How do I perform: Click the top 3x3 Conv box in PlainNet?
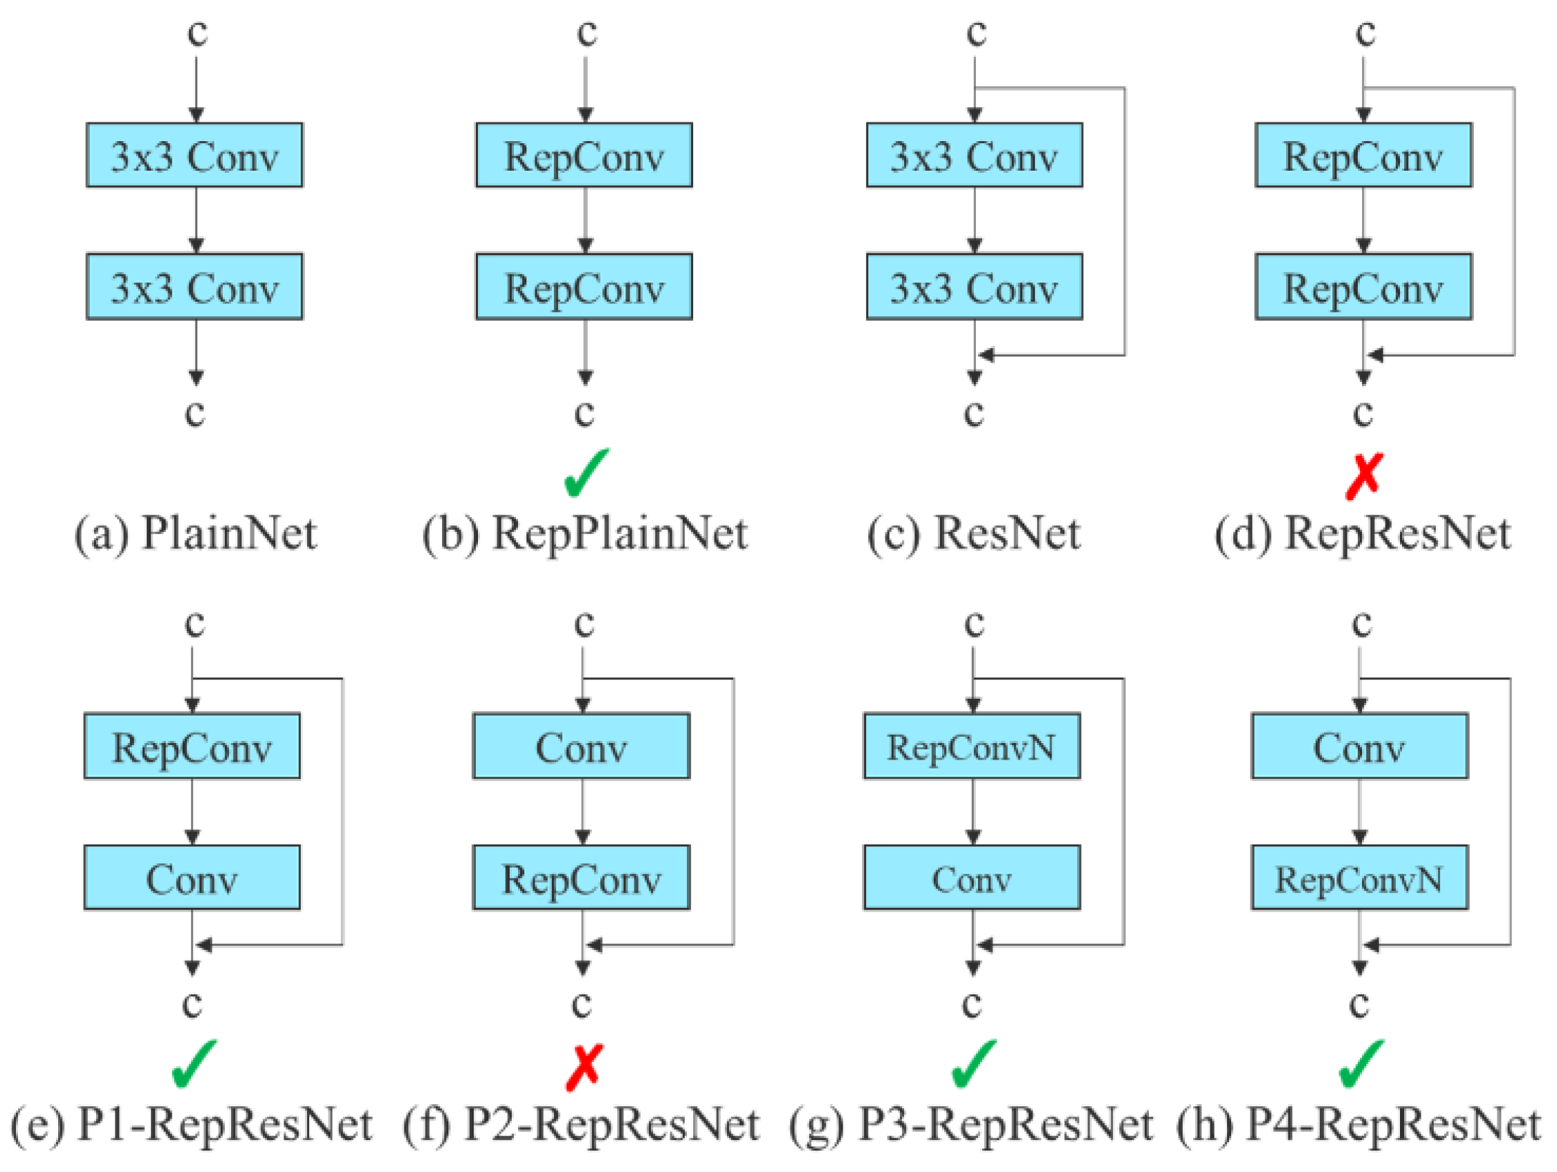pos(195,155)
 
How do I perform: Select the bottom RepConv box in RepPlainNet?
pos(584,286)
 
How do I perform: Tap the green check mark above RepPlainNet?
pos(586,473)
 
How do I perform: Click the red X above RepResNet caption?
pos(1364,477)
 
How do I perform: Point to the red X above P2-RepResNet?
pos(584,1067)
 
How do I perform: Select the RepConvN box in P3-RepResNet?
pos(971,746)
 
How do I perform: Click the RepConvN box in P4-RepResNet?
pos(1359,878)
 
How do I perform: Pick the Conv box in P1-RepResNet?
pos(192,878)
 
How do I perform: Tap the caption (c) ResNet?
pos(973,533)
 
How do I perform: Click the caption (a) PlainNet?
pos(195,533)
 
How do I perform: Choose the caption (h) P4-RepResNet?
pos(1358,1124)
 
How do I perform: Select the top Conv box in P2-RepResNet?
pos(581,746)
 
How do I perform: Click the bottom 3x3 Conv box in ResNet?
pos(974,286)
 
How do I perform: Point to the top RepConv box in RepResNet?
pos(1363,155)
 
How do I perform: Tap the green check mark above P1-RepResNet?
pos(194,1063)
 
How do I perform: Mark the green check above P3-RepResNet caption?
pos(973,1063)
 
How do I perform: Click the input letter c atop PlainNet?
pos(197,33)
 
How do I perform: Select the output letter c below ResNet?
pos(973,412)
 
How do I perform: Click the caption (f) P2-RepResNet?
pos(581,1124)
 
